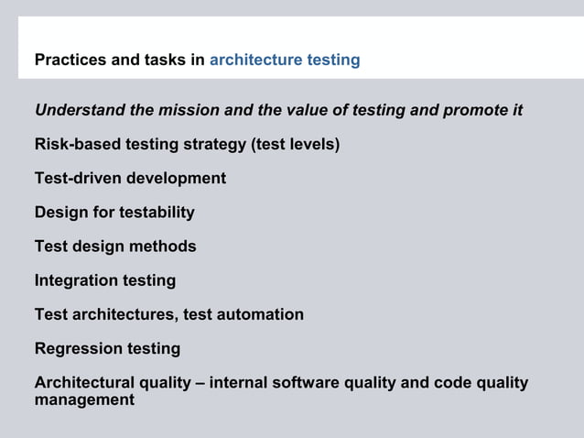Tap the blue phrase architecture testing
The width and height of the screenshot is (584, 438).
point(285,60)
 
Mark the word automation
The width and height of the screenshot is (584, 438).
point(262,314)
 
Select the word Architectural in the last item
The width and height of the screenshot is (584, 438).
point(81,382)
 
